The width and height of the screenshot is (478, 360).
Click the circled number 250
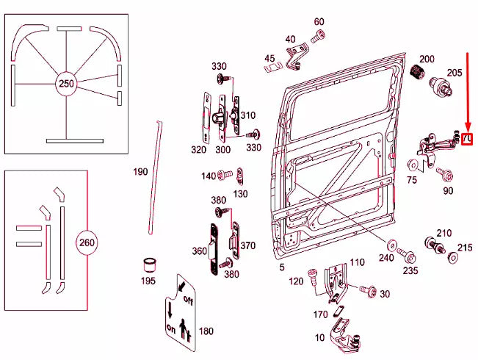(66, 84)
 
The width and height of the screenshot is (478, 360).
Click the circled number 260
(87, 242)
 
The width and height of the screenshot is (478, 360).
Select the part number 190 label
(140, 172)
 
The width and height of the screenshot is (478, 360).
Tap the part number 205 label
(455, 72)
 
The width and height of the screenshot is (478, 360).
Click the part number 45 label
(269, 58)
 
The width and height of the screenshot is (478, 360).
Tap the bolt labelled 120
(312, 275)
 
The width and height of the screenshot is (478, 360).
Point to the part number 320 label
(199, 149)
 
